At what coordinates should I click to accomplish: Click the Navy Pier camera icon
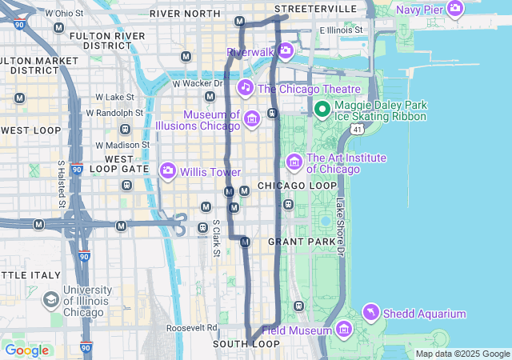point(455,10)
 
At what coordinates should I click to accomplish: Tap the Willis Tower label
point(210,171)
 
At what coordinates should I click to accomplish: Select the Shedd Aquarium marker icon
point(371,310)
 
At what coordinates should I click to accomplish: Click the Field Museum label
point(296,330)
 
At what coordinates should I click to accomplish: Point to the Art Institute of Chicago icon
point(294,162)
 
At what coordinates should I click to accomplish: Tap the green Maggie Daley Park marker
point(322,110)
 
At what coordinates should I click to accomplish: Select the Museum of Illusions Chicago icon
point(251,120)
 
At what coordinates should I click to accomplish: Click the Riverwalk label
point(250,52)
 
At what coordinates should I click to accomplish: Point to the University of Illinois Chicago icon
point(50,299)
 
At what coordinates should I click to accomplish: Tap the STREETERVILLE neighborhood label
point(315,8)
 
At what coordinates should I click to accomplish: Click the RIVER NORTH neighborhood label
point(185,14)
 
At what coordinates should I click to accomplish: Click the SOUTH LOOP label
point(246,344)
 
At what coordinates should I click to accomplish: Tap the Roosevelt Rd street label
point(192,328)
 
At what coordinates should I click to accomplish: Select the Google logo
point(26,350)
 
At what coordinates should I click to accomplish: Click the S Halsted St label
point(62,182)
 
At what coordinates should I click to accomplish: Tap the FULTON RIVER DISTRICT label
point(107,41)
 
